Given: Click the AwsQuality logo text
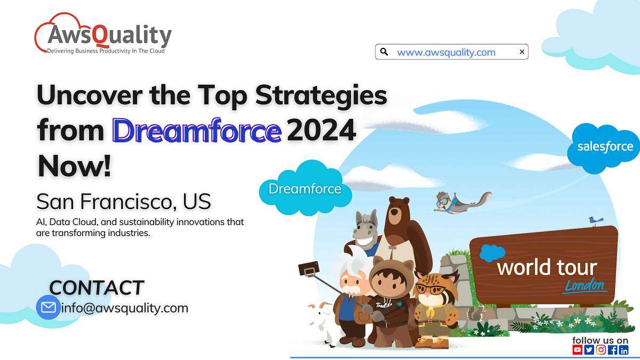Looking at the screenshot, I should coord(109,35).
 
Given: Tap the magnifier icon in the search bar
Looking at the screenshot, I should coord(384,52).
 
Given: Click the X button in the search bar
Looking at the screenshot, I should coord(522,52).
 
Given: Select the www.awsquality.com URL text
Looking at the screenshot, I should coord(446,52).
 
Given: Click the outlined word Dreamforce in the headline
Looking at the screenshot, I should coord(197,131).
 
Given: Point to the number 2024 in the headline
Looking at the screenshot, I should coord(321,131).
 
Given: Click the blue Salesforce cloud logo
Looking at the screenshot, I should coord(605,147).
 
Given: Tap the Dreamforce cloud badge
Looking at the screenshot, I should coord(305,189).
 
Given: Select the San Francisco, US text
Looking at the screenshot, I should coord(124,202).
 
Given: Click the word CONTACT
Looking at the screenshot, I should coord(97,287).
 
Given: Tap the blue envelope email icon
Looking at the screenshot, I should coord(48,308).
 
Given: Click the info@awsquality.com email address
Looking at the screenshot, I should coord(125,308).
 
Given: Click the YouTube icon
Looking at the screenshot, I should coord(578,350).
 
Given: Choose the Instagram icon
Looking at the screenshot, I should coord(601,350).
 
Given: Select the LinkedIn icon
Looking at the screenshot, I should coord(623,350).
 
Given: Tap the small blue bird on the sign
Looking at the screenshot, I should coord(595,220).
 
